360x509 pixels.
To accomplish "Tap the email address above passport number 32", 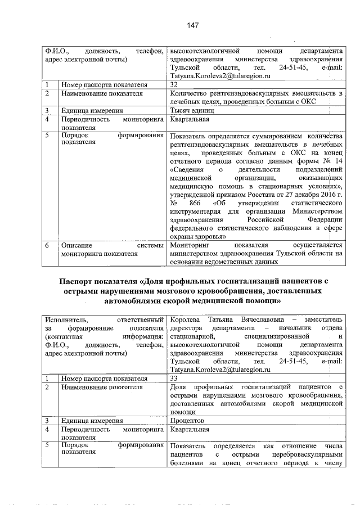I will tap(220, 75).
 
